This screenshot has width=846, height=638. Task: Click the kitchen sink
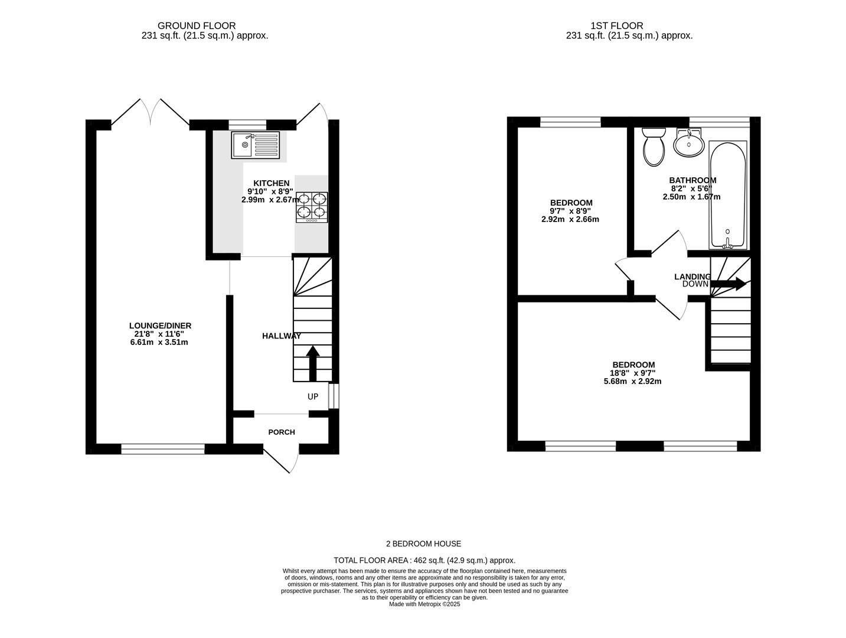pos(255,145)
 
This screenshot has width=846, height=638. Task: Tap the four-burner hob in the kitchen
pos(312,207)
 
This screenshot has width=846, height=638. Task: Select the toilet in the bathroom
pos(654,147)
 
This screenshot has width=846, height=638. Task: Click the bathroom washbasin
pos(689,143)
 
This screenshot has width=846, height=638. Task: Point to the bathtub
pos(728,195)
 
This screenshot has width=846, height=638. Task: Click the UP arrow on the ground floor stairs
pos(312,363)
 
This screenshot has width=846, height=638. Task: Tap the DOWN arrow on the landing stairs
pos(729,284)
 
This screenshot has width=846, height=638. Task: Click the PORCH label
pos(282,432)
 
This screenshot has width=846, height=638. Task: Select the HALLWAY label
pos(282,336)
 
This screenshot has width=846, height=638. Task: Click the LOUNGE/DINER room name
pos(160,325)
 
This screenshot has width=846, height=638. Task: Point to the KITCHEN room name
pos(272,183)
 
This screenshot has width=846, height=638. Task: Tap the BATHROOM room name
pos(693,180)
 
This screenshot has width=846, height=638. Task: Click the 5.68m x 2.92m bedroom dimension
pos(632,381)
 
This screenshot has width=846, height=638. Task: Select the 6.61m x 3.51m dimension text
pos(159,342)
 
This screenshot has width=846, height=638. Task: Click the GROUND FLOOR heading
pos(197,26)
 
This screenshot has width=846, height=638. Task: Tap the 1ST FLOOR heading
pos(617,26)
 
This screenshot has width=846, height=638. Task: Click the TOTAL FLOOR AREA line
pos(424,561)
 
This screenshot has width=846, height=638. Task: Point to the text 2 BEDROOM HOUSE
pos(423,543)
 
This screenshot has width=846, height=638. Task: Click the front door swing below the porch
pos(281,459)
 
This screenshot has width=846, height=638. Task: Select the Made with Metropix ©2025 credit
pos(424,604)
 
